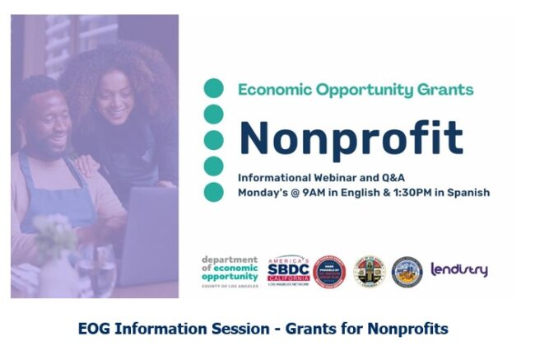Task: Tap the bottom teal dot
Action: (x=214, y=192)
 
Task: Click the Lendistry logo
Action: (x=459, y=269)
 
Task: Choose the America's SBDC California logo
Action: (x=288, y=270)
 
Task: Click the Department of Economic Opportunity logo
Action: (x=230, y=270)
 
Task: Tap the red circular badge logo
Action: (x=328, y=270)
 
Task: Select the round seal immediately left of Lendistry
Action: (x=407, y=270)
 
